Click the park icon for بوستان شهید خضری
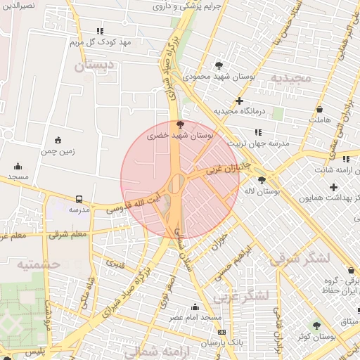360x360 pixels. [180, 124]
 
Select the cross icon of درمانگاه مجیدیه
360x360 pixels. [240, 101]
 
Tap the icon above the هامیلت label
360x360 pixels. [319, 110]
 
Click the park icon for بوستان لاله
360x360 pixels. [262, 180]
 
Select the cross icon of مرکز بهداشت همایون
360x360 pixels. [333, 187]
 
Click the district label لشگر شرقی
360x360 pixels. [300, 258]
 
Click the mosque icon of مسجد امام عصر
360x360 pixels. [195, 307]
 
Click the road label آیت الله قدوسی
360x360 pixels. [134, 202]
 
